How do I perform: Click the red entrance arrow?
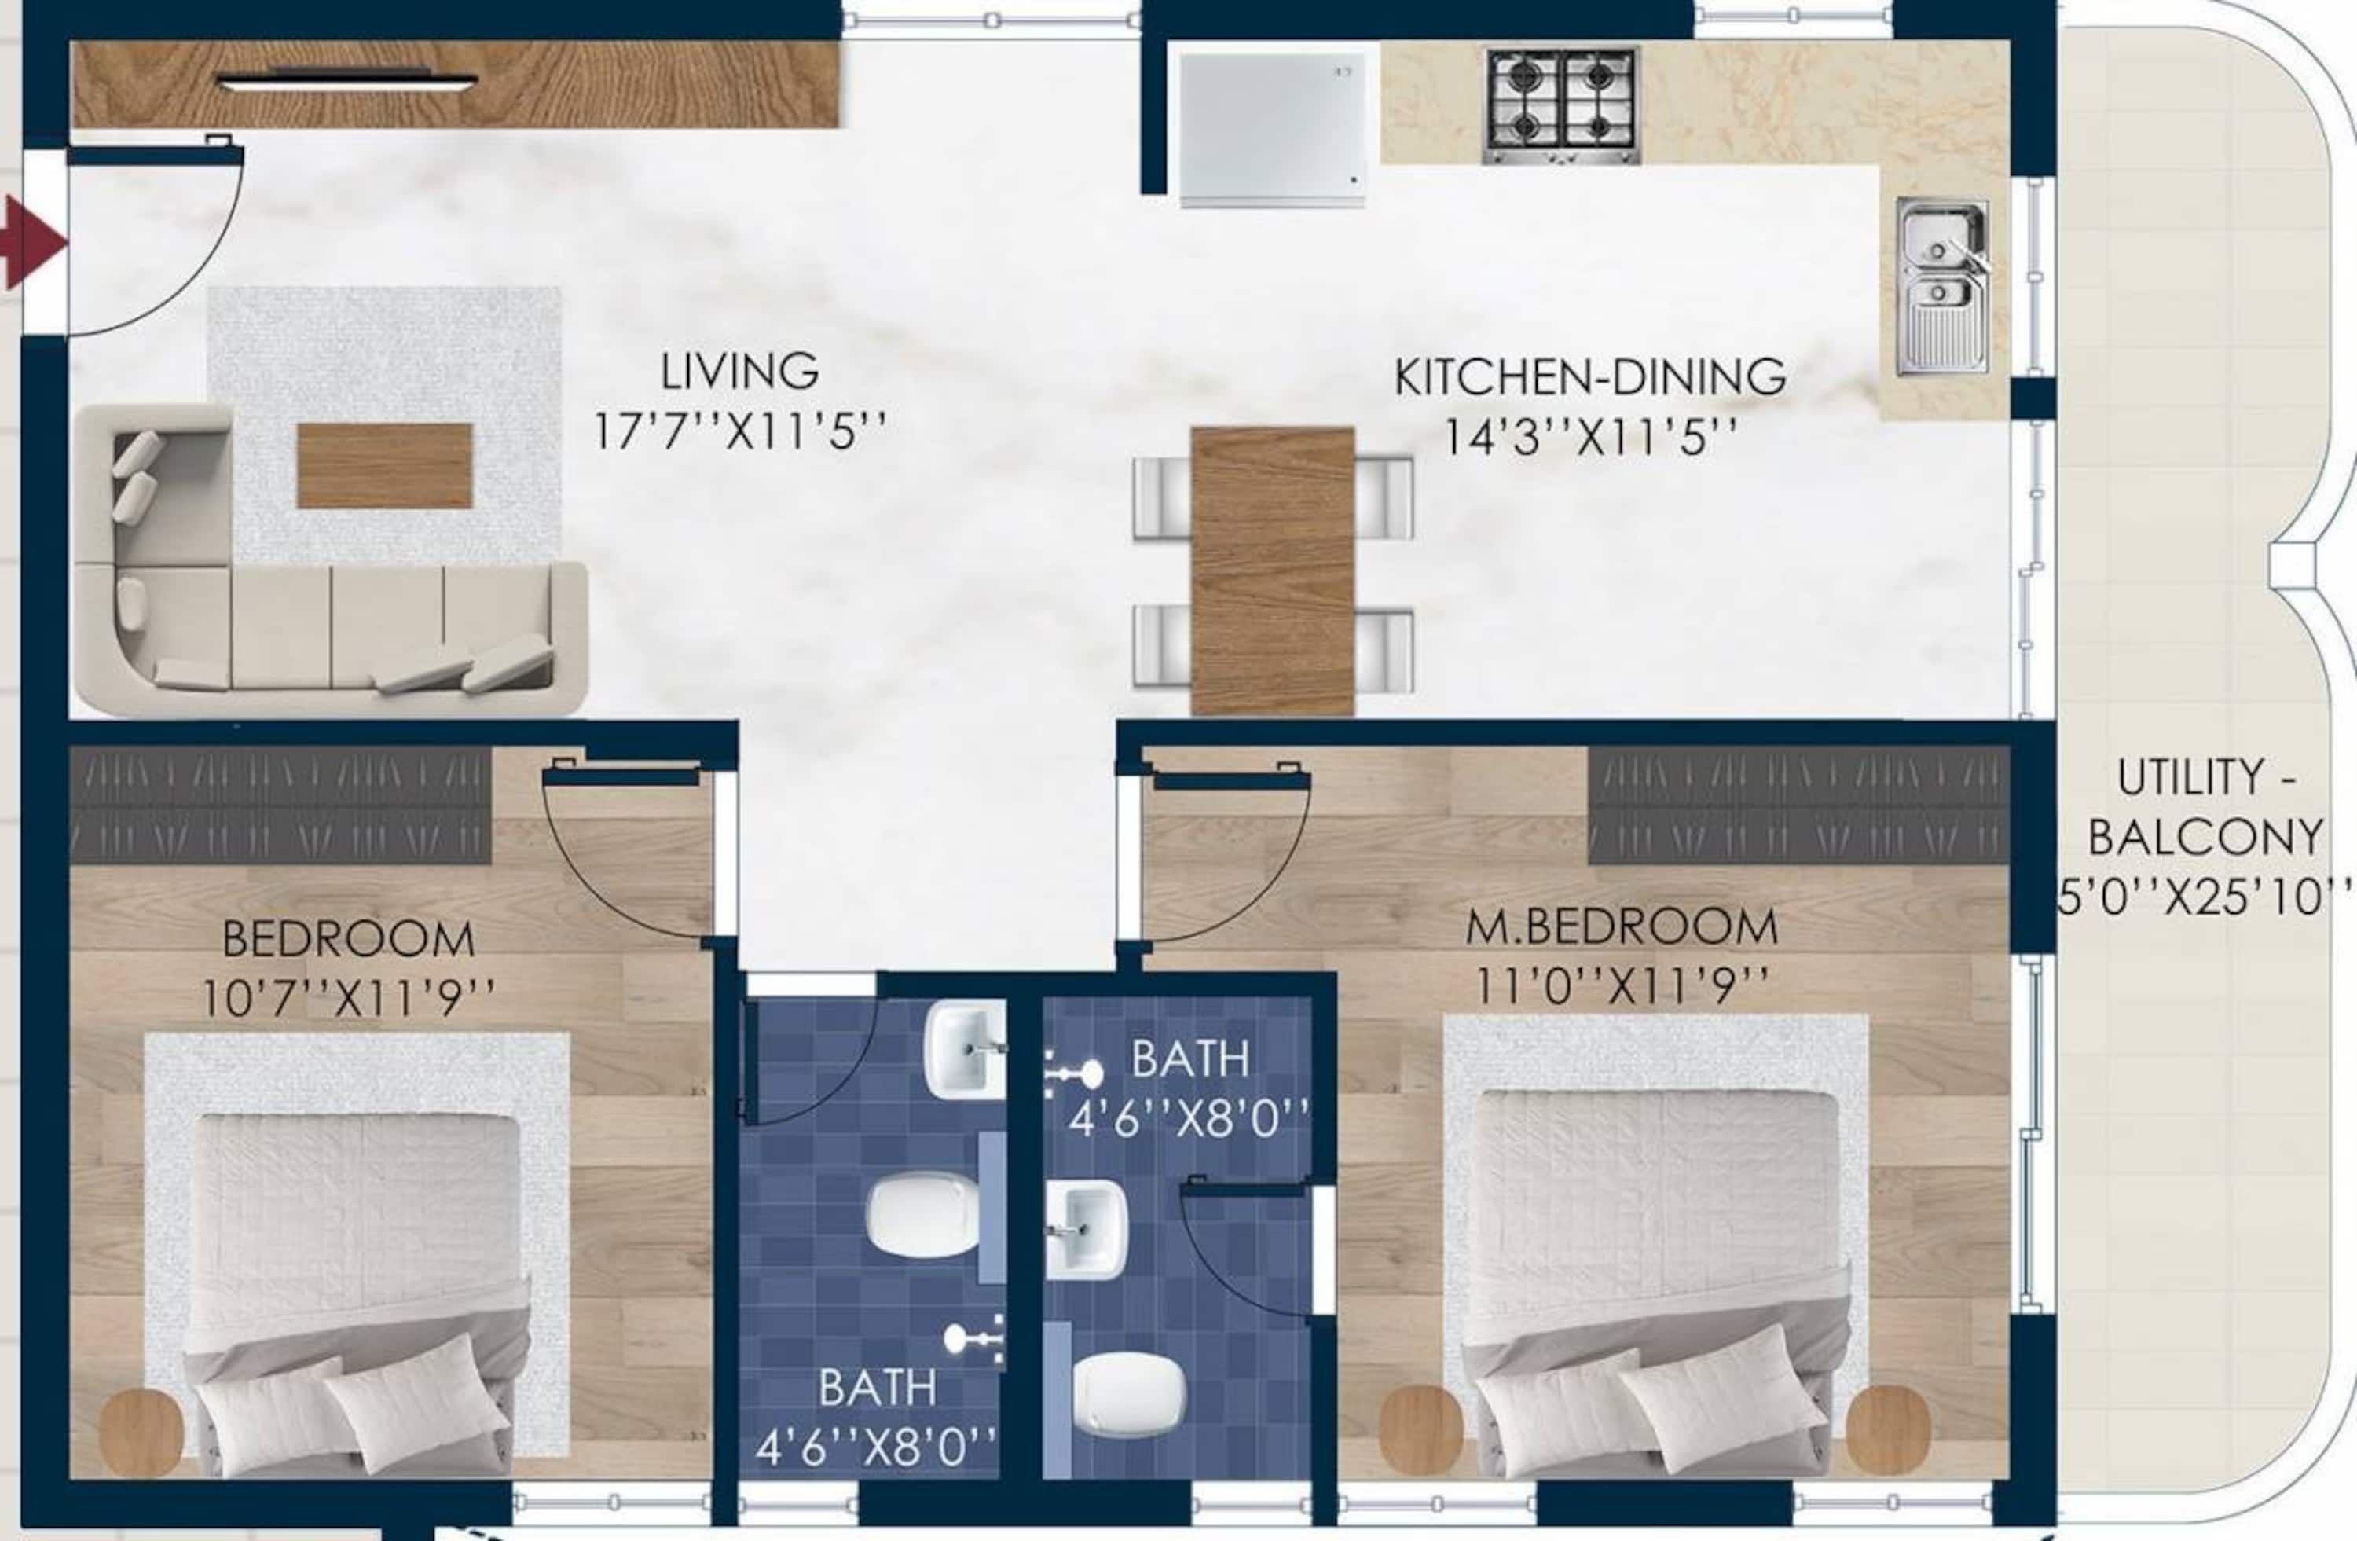tap(31, 242)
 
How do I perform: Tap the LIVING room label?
tap(740, 372)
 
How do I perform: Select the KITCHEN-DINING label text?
tap(1589, 377)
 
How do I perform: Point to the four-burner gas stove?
tap(1561, 106)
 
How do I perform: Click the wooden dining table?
tap(1273, 571)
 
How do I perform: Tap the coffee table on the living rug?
tap(384, 465)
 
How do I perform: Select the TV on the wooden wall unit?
tap(346, 83)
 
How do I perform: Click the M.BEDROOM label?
tap(1621, 927)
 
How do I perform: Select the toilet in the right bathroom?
tap(1129, 1393)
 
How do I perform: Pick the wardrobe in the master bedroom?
tap(1798, 804)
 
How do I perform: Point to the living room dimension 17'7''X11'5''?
tap(740, 431)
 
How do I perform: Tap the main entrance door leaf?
tap(155, 156)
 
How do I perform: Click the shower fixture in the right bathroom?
tap(1075, 1073)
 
